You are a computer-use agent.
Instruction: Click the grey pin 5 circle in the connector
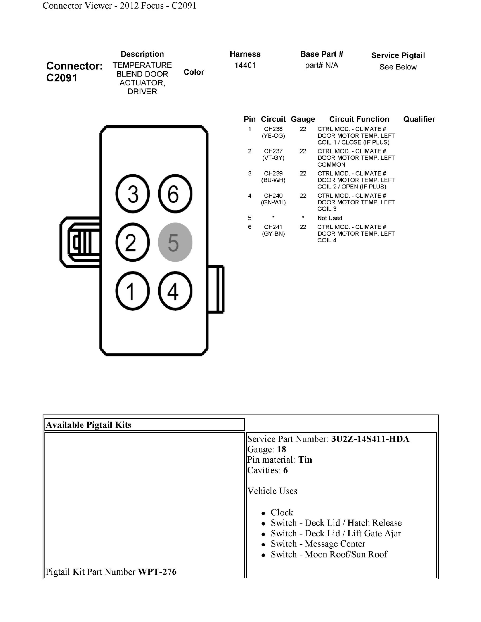[175, 242]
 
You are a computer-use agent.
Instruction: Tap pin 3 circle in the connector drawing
[133, 194]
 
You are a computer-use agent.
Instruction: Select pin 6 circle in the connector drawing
[175, 194]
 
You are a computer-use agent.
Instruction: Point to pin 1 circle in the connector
[133, 291]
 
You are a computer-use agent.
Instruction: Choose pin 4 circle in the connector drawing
[175, 291]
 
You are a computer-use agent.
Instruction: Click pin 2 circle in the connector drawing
[133, 242]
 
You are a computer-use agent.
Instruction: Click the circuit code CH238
[273, 129]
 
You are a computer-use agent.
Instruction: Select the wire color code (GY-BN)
[273, 234]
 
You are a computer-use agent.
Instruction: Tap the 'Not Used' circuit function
[330, 218]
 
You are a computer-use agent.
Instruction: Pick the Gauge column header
[303, 119]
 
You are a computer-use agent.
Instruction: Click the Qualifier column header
[419, 119]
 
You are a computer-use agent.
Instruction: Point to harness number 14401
[245, 65]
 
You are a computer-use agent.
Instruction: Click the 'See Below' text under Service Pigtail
[398, 67]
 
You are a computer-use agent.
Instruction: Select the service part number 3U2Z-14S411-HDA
[370, 439]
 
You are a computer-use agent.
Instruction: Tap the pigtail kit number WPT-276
[157, 572]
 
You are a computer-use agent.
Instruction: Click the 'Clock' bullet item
[282, 512]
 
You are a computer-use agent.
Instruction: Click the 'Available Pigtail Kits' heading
[89, 425]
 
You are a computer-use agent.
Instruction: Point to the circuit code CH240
[273, 196]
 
